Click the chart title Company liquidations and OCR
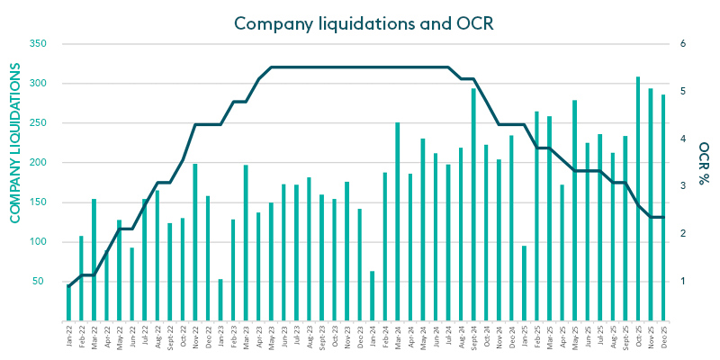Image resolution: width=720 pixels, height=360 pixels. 360,22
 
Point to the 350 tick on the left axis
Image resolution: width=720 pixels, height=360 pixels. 38,43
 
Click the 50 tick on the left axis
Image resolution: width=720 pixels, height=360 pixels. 40,282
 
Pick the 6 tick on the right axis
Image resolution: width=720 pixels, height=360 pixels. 683,43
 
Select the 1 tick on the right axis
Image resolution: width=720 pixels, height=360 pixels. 683,282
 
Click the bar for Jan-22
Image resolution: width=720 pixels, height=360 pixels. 68,302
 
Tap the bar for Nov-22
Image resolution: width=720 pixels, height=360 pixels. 195,242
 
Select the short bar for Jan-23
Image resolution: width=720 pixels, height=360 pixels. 220,300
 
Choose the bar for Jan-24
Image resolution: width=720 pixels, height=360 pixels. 373,295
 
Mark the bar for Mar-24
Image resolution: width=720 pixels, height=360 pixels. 398,221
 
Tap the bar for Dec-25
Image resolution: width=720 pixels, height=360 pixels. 663,208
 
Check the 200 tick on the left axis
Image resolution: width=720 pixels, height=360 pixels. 38,162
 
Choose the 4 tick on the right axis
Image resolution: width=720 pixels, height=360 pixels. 683,139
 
